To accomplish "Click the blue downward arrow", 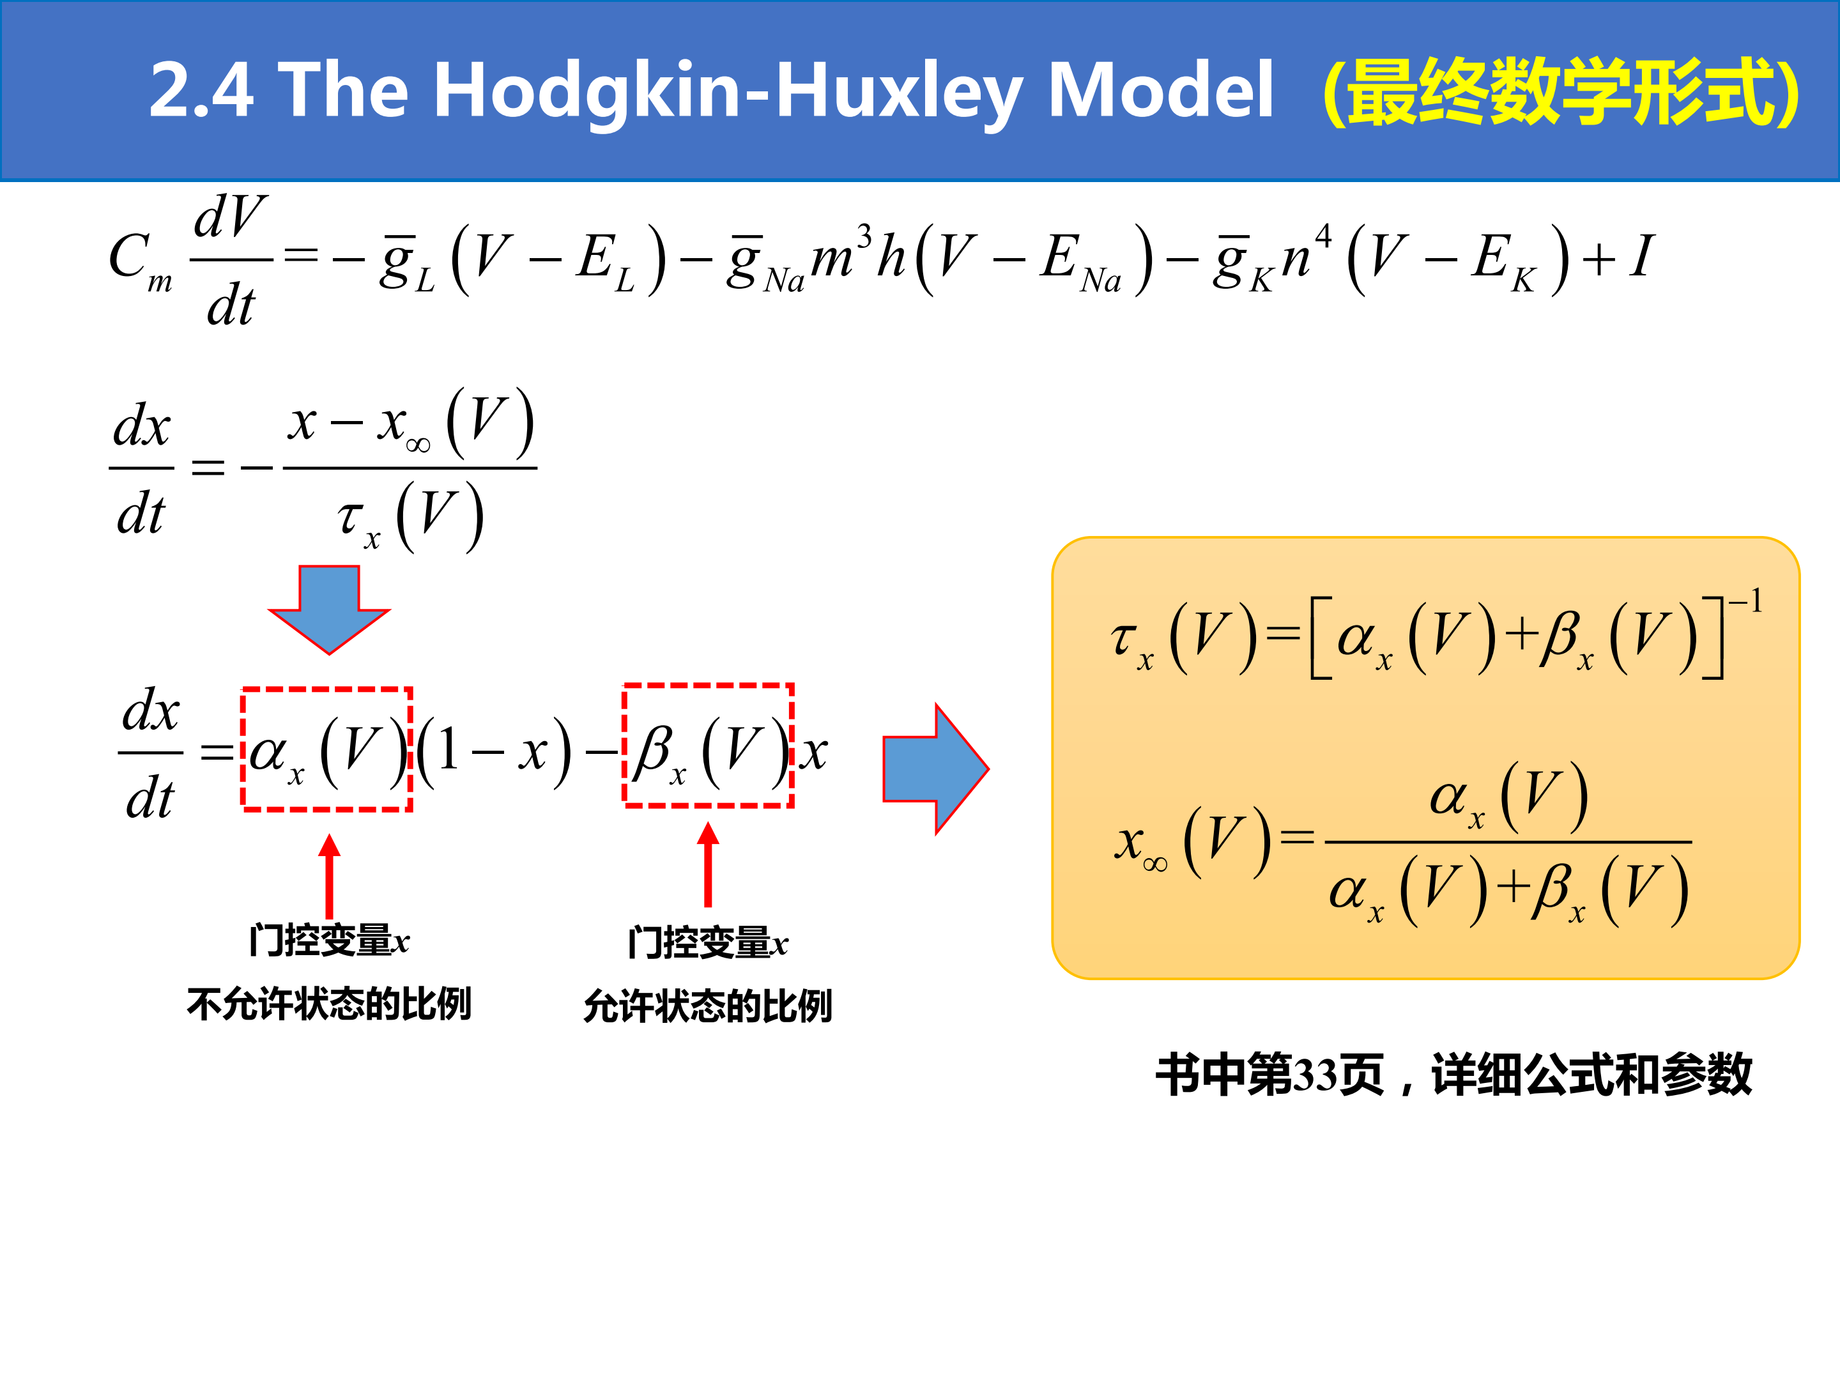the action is [x=330, y=609].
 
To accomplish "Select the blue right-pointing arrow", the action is [x=936, y=769].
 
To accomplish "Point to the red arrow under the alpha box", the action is [x=330, y=876].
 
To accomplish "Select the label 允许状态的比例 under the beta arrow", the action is [x=708, y=1006].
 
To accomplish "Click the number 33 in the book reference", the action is [x=1314, y=1075].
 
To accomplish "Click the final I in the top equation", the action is [x=1641, y=256].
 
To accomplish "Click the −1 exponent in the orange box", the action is [x=1746, y=601].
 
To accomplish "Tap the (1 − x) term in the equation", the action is [x=494, y=752].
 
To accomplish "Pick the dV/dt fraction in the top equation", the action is [x=231, y=259].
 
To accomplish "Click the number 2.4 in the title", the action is [x=201, y=90].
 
